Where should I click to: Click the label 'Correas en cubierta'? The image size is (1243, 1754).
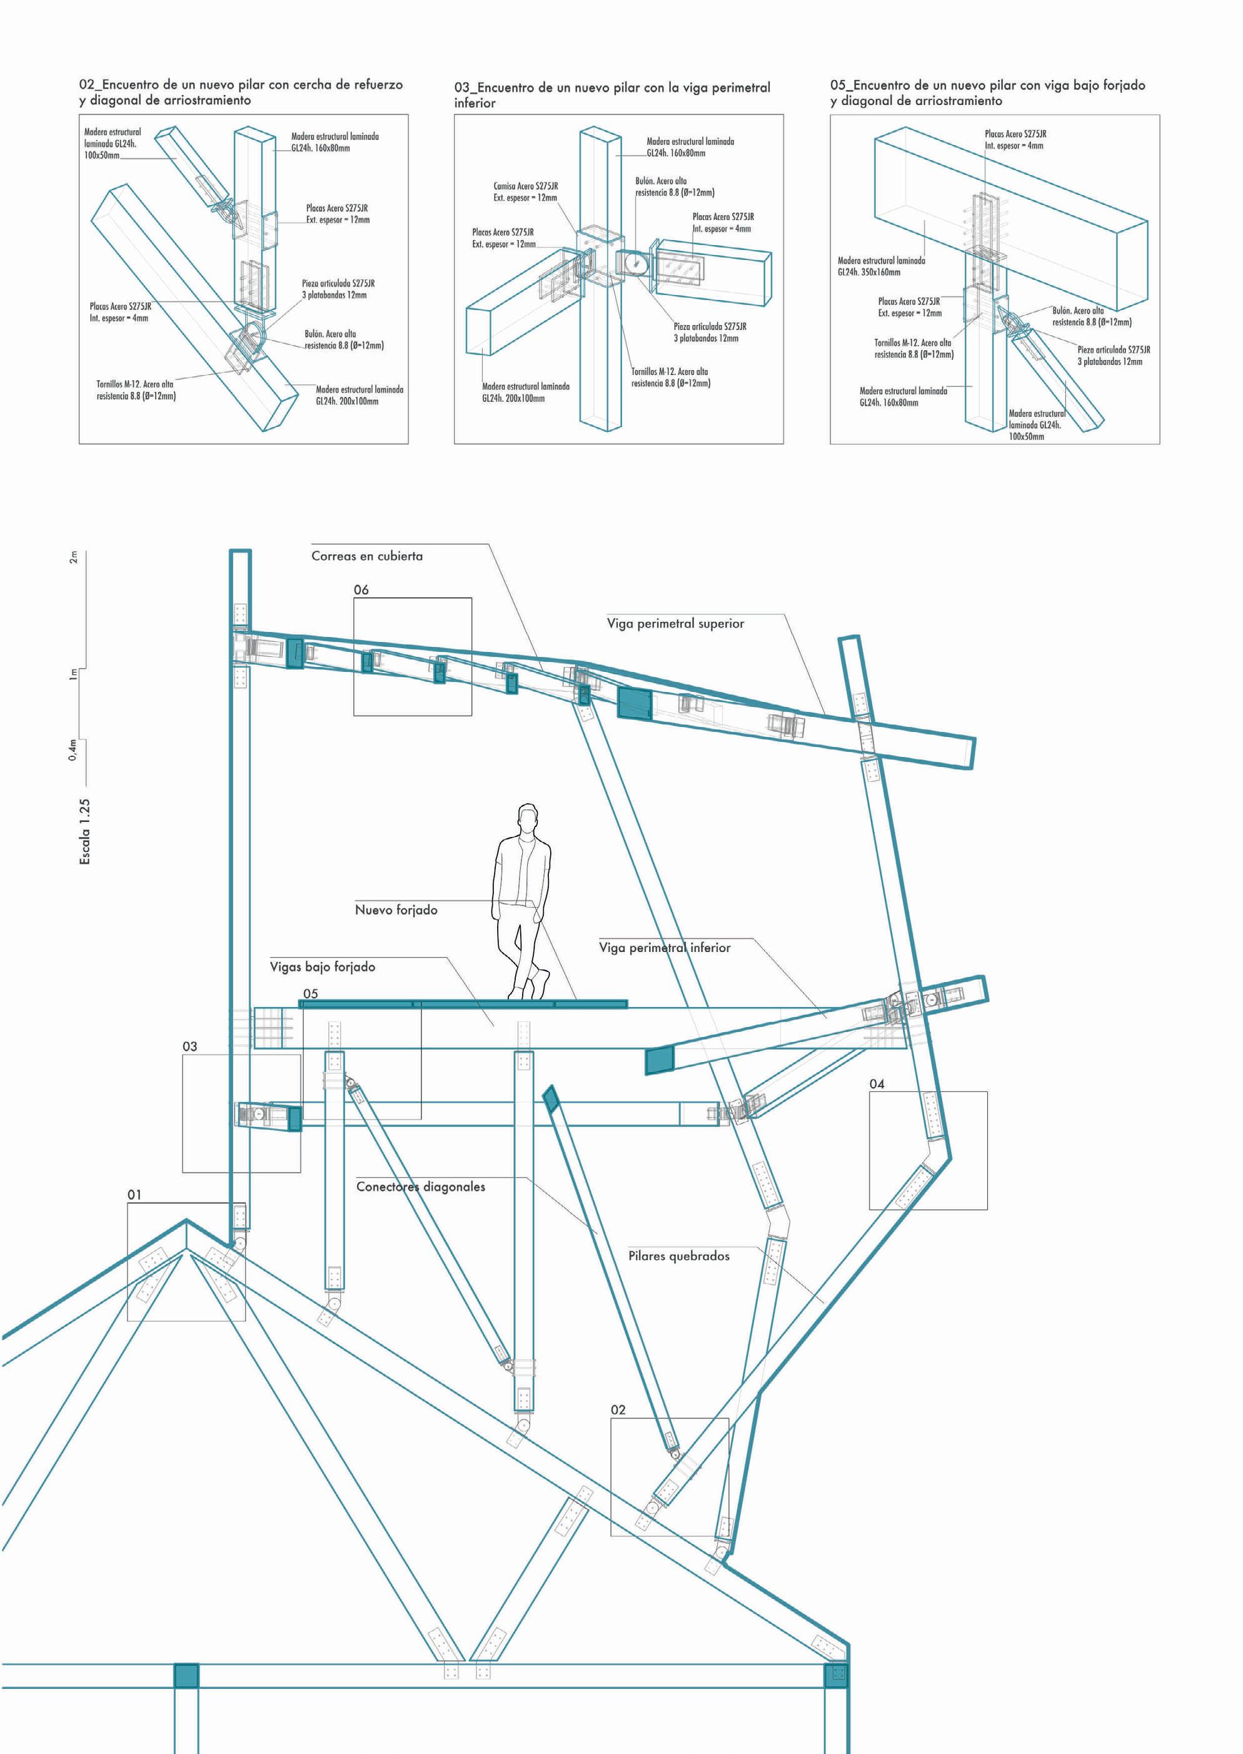click(366, 556)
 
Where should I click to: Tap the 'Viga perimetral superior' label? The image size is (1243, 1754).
click(675, 624)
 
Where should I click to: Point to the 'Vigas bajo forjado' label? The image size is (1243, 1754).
click(322, 967)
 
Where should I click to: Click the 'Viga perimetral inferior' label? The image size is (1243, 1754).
click(665, 948)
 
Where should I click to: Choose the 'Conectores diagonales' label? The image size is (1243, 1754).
click(420, 1187)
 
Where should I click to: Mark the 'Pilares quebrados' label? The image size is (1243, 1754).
click(679, 1256)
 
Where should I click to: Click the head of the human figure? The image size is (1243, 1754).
click(527, 819)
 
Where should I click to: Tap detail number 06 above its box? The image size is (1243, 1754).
click(361, 590)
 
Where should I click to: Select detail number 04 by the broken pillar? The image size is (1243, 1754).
click(877, 1084)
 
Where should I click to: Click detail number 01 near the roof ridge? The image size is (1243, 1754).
click(134, 1195)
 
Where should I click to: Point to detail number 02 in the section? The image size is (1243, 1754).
click(618, 1410)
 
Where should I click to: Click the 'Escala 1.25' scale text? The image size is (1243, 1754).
click(85, 832)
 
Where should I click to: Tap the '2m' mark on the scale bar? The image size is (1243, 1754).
click(74, 557)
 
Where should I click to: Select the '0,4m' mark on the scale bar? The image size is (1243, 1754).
click(73, 750)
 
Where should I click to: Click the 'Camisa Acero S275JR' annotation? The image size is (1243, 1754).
click(525, 186)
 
